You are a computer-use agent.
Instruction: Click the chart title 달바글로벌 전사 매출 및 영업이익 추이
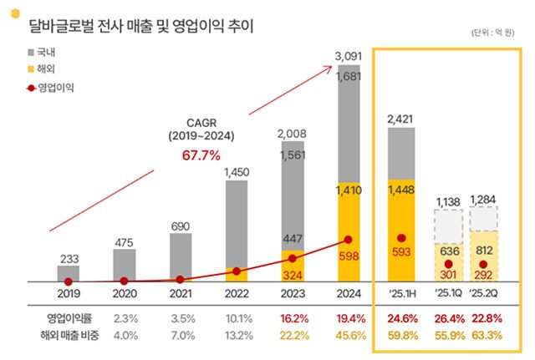click(143, 25)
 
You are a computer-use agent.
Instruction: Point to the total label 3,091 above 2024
click(349, 57)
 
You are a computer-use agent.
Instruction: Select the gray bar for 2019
click(69, 273)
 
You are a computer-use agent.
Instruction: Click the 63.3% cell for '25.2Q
click(488, 335)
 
